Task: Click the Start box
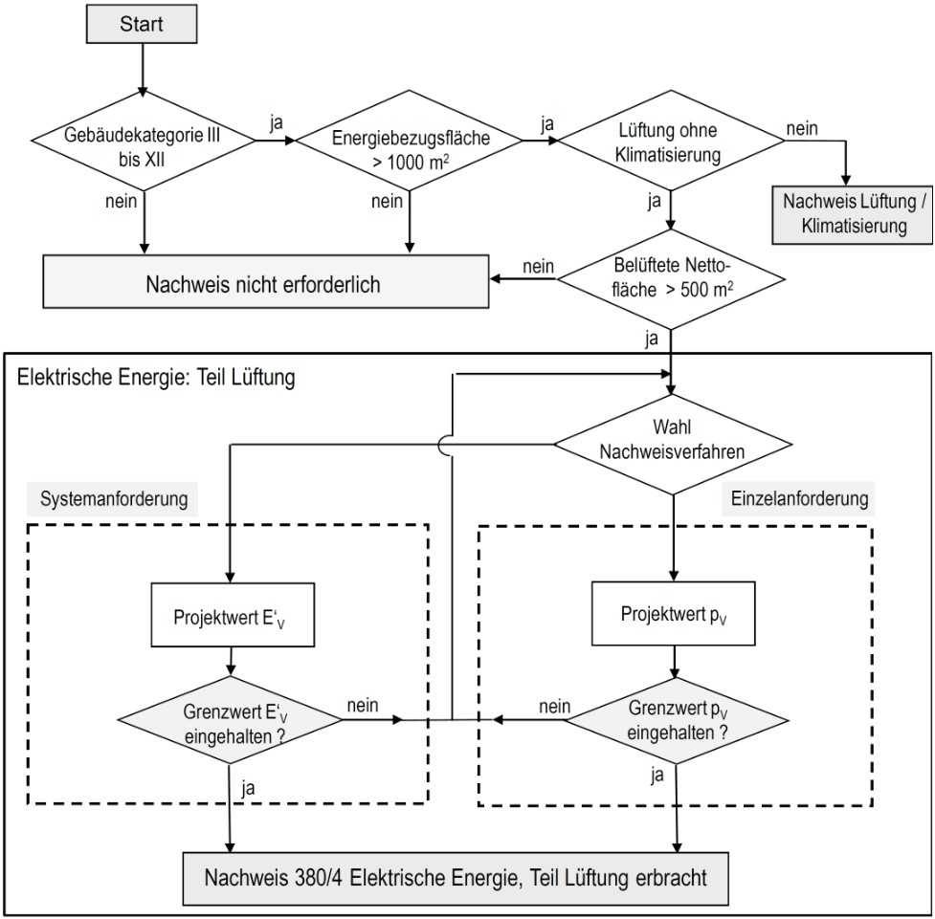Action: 142,24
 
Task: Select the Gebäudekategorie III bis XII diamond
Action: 144,141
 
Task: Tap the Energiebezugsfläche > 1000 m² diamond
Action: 409,141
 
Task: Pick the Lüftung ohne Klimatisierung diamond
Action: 671,141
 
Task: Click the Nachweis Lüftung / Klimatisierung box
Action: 853,214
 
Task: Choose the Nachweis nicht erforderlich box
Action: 266,282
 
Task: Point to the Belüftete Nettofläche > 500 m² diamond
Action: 671,279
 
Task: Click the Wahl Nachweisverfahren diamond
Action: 673,445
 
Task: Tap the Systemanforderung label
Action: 113,499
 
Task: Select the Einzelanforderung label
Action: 799,498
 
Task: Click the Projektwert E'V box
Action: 233,615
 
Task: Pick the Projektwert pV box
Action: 673,614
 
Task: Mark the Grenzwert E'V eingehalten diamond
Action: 230,720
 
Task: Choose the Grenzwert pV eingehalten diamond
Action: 677,720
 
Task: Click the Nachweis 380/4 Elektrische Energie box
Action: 456,879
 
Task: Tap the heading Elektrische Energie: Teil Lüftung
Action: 156,377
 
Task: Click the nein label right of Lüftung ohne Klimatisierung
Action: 802,129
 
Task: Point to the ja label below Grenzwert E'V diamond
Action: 248,788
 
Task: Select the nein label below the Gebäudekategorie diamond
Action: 121,202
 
